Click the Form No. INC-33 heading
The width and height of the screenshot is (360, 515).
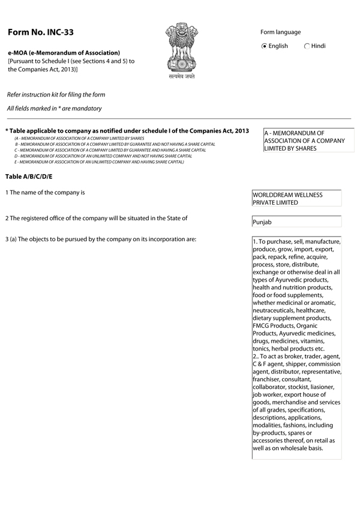click(x=41, y=32)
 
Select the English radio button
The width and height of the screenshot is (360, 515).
click(x=265, y=46)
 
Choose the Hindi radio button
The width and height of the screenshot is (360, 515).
click(x=307, y=46)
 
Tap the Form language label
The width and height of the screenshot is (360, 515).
click(x=281, y=32)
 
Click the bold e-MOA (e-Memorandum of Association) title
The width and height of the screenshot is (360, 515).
click(x=64, y=53)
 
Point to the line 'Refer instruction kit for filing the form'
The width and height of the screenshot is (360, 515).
click(x=56, y=95)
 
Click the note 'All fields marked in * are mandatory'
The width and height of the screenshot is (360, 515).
click(x=54, y=109)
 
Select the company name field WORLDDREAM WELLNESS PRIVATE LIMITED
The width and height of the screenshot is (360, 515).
click(x=297, y=199)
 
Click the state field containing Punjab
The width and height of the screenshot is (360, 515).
click(x=297, y=222)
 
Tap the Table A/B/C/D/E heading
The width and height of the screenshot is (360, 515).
click(x=29, y=176)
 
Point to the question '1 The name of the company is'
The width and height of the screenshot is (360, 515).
click(x=45, y=193)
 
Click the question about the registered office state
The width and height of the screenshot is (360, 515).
click(x=96, y=218)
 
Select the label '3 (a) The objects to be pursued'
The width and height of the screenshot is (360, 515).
click(x=101, y=240)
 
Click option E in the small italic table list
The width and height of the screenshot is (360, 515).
click(x=98, y=162)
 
